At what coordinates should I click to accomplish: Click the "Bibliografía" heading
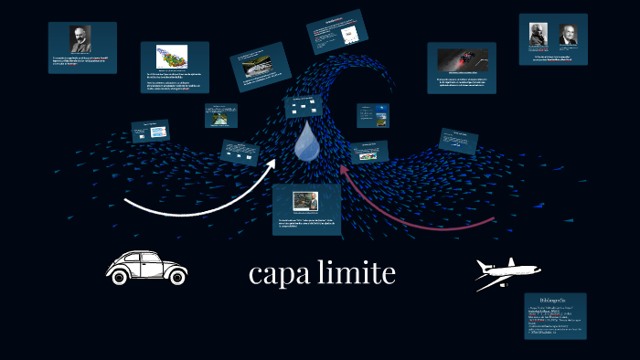tap(555, 300)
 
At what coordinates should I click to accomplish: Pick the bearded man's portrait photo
tap(81, 39)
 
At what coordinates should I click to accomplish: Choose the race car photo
tap(461, 59)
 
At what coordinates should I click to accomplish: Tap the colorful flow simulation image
tap(171, 55)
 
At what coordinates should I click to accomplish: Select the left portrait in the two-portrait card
tap(538, 35)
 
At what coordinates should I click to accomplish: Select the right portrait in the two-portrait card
tap(568, 35)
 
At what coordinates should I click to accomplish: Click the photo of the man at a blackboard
tap(305, 200)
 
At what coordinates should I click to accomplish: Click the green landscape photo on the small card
tap(220, 117)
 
